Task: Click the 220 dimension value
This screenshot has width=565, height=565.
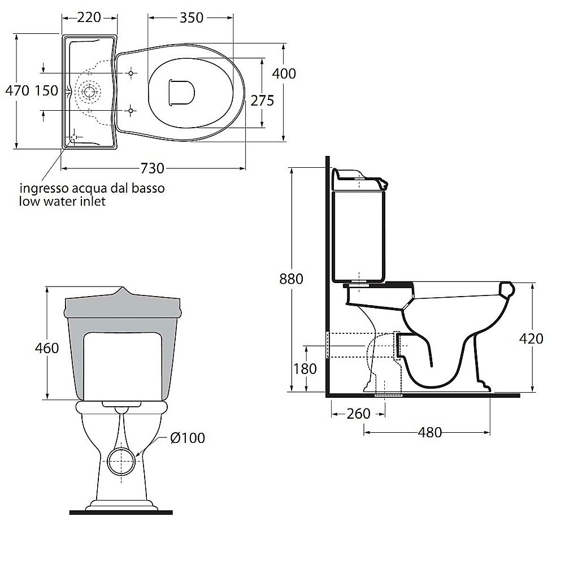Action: pos(89,18)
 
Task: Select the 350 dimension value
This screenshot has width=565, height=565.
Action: pos(192,18)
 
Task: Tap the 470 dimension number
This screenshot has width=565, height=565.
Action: pos(18,91)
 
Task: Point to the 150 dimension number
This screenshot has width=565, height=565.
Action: pos(46,91)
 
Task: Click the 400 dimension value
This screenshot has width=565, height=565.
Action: pos(284,73)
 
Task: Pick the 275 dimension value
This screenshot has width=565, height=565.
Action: pos(262,101)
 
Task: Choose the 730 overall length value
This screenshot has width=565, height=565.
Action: pos(152,168)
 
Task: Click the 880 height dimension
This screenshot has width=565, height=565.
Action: pos(291,279)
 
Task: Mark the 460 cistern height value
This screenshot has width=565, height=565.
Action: pos(47,348)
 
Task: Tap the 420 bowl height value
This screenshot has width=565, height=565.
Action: pos(531,338)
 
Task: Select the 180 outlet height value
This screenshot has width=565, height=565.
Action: pos(305,369)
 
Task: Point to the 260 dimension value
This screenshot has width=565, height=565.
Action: pos(359,414)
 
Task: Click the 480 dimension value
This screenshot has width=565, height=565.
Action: pos(430,432)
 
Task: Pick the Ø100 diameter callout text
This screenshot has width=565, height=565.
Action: pos(188,438)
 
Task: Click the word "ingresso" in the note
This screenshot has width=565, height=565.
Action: pos(44,189)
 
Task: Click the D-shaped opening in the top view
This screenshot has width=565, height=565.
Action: pos(181,93)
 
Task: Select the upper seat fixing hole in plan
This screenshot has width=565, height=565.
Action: pos(131,73)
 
